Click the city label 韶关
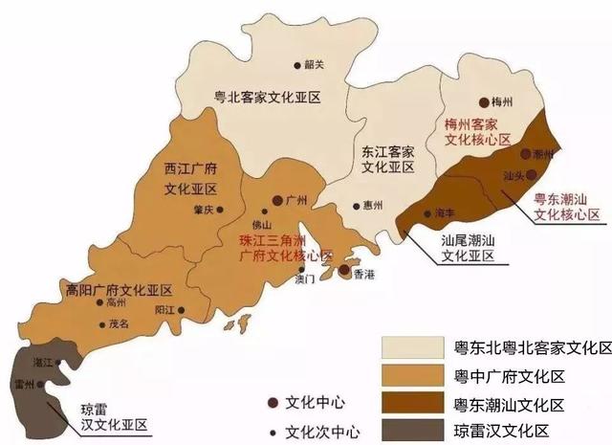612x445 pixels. point(315,65)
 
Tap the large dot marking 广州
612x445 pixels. point(277,200)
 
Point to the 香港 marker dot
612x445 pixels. point(343,272)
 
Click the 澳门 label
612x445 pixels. point(305,281)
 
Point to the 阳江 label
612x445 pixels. point(165,310)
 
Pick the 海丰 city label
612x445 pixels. point(443,212)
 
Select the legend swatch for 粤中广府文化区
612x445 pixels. point(410,374)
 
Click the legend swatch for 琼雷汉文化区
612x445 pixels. point(410,428)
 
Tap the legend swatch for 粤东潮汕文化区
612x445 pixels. point(410,402)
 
